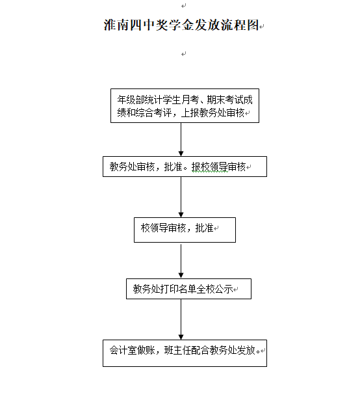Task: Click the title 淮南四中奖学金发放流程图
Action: (181, 25)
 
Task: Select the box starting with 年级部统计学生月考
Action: (185, 105)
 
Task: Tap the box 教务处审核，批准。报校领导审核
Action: (185, 167)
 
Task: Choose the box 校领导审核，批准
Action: (185, 230)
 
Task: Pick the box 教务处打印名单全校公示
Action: (188, 289)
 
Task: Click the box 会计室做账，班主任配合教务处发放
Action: (185, 353)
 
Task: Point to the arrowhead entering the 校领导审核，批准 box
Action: (181, 215)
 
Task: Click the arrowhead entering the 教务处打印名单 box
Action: (181, 276)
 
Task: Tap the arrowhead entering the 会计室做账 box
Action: (181, 337)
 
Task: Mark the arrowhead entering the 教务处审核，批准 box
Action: (181, 154)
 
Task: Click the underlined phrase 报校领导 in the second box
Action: (210, 167)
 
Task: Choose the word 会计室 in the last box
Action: (123, 350)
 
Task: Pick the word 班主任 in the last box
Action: (178, 350)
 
